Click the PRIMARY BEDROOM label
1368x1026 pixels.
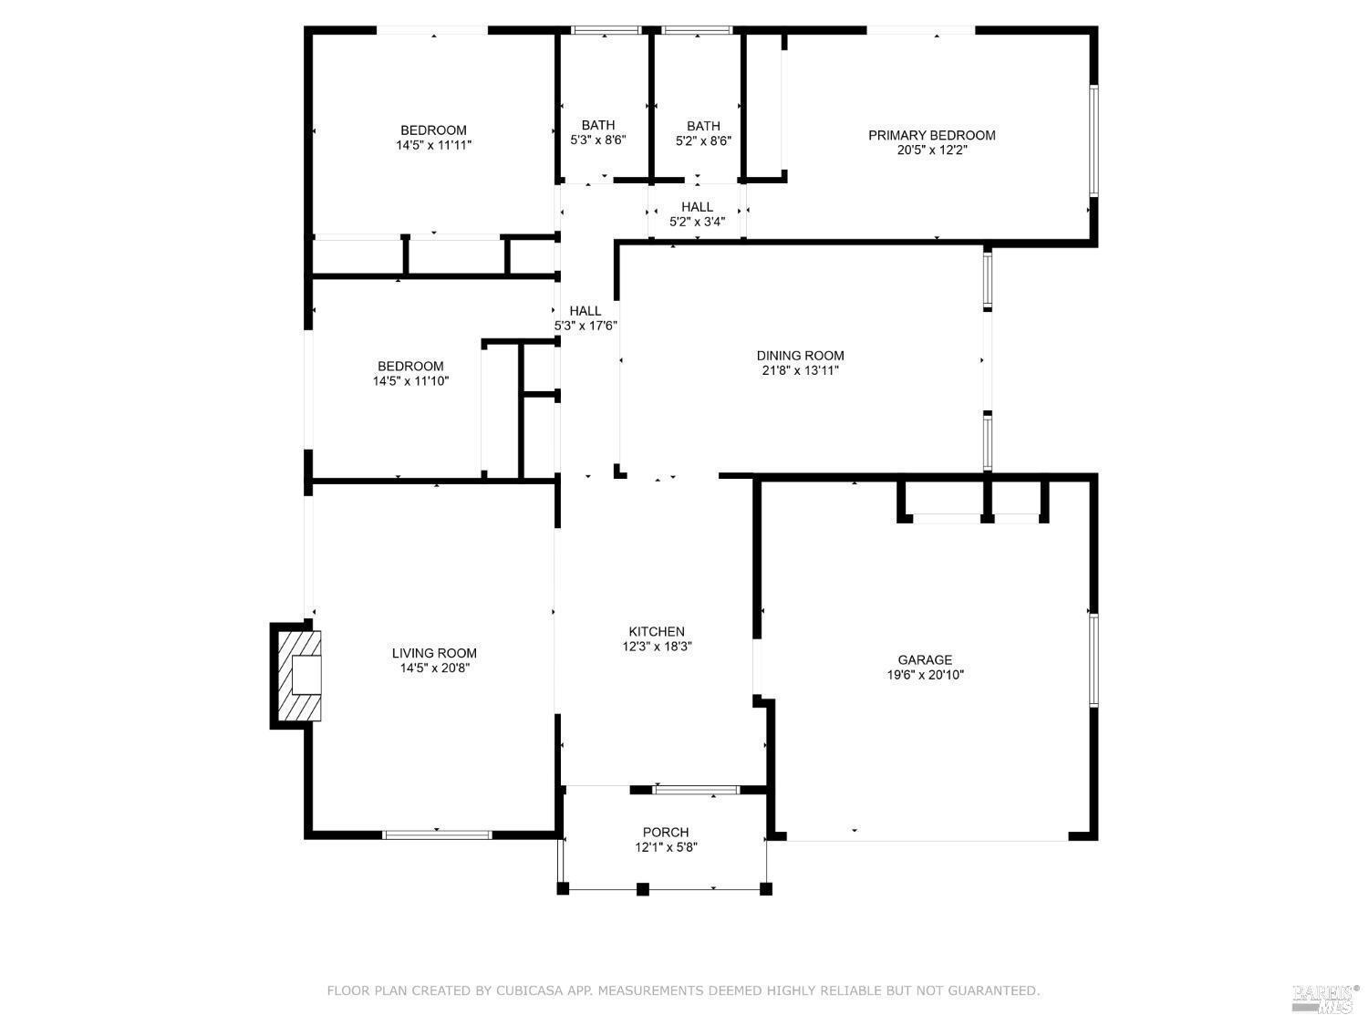point(931,135)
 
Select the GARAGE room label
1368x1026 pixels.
point(925,659)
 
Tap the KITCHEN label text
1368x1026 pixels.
point(656,631)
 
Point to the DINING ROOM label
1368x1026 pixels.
point(800,356)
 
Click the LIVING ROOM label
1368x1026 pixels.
point(434,653)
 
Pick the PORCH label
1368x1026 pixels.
point(666,832)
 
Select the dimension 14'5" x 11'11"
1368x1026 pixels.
point(433,145)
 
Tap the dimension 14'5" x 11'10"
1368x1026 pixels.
point(410,381)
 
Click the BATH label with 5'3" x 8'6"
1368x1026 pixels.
point(598,125)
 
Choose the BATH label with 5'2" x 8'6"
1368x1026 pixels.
point(703,126)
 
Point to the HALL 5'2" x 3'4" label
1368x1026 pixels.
point(697,207)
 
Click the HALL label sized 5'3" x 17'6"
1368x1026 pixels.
point(586,311)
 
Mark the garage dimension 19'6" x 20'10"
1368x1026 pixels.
point(925,675)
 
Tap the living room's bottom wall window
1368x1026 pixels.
point(438,834)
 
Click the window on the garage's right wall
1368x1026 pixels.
point(1093,659)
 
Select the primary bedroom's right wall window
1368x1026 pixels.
point(1093,140)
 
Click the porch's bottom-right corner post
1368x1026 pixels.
point(766,888)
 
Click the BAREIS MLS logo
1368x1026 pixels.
point(1324,999)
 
